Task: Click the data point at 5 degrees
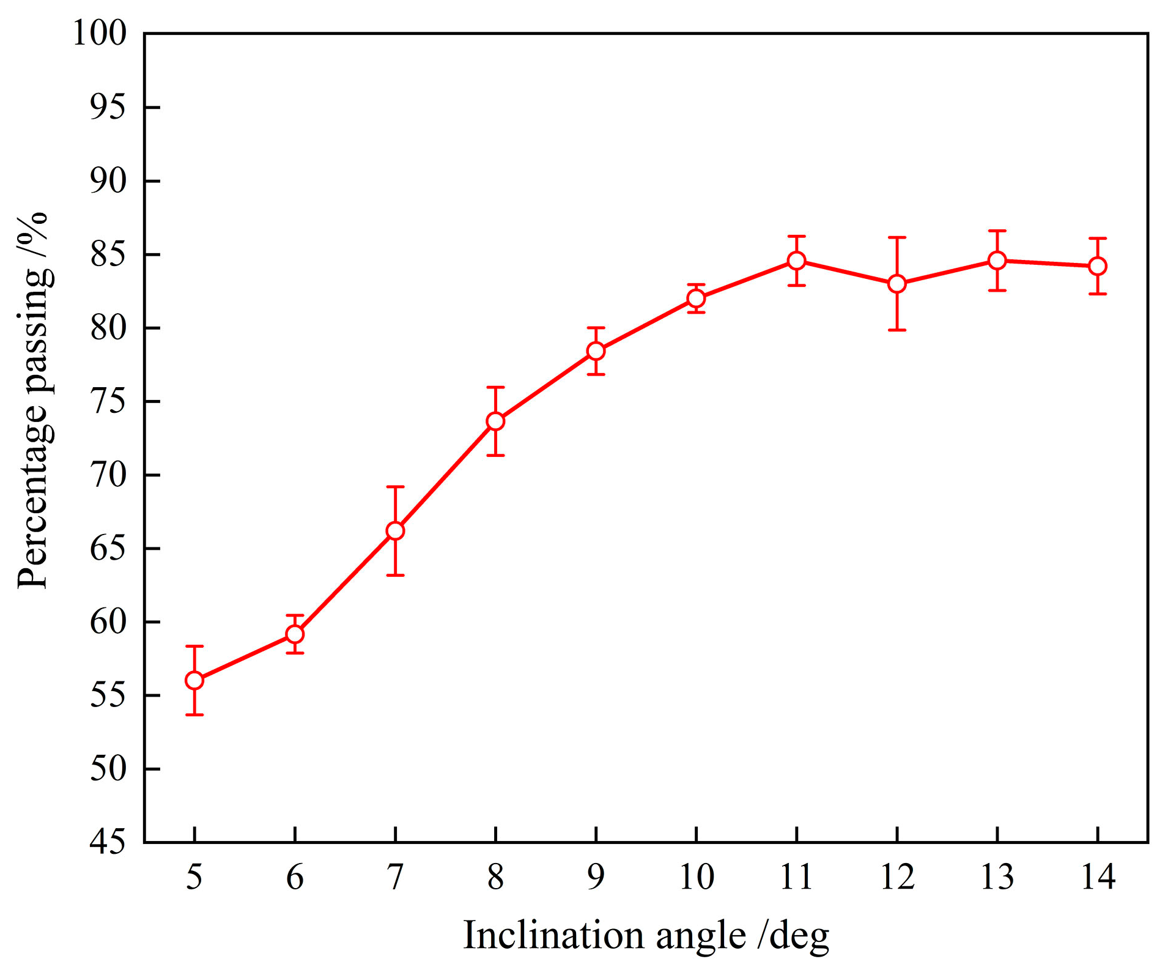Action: pyautogui.click(x=194, y=680)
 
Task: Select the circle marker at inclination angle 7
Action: pyautogui.click(x=396, y=531)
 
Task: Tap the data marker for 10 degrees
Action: pyautogui.click(x=697, y=298)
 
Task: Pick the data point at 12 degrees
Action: pyautogui.click(x=897, y=284)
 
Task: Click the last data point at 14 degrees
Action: pyautogui.click(x=1098, y=266)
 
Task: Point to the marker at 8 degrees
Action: pyautogui.click(x=496, y=421)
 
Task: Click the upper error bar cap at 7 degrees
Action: pyautogui.click(x=396, y=487)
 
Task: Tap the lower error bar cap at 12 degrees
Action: pyautogui.click(x=897, y=330)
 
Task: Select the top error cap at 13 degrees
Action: pyautogui.click(x=997, y=231)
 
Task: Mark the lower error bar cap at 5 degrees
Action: pyautogui.click(x=194, y=714)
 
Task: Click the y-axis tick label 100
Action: pyautogui.click(x=100, y=34)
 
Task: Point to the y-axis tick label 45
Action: pyautogui.click(x=108, y=843)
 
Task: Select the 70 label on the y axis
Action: pyautogui.click(x=108, y=475)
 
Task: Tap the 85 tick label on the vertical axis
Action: pyautogui.click(x=108, y=254)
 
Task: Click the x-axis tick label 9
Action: pyautogui.click(x=596, y=877)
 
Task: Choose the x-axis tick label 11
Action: pyautogui.click(x=797, y=877)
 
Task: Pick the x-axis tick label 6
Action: pyautogui.click(x=295, y=877)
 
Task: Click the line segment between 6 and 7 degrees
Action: pyautogui.click(x=346, y=582)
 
